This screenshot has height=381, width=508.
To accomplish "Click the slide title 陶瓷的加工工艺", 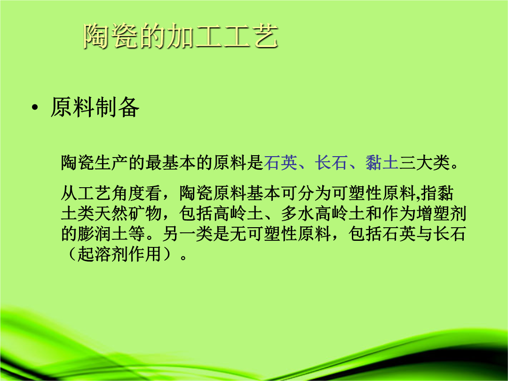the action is pos(181,36).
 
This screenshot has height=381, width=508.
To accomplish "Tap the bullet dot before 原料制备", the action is pos(35,107).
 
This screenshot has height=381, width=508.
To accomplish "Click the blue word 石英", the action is pos(280,163).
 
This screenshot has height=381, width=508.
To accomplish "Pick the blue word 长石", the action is pos(331,163).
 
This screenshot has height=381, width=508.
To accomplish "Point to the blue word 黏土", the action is pos(382,163).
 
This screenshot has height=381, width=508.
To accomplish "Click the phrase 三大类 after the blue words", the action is pos(424,163).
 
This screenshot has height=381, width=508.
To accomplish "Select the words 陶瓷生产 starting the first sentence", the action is pos(95,163).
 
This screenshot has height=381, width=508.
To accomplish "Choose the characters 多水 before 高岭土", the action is pos(297,214).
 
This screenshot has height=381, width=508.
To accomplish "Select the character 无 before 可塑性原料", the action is pos(238,234).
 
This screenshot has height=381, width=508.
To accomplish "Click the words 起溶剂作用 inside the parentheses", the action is pos(120,254).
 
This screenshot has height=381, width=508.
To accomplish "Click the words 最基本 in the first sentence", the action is pos(171,163).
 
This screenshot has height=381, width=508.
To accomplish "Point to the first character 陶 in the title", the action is pos(96,36).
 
